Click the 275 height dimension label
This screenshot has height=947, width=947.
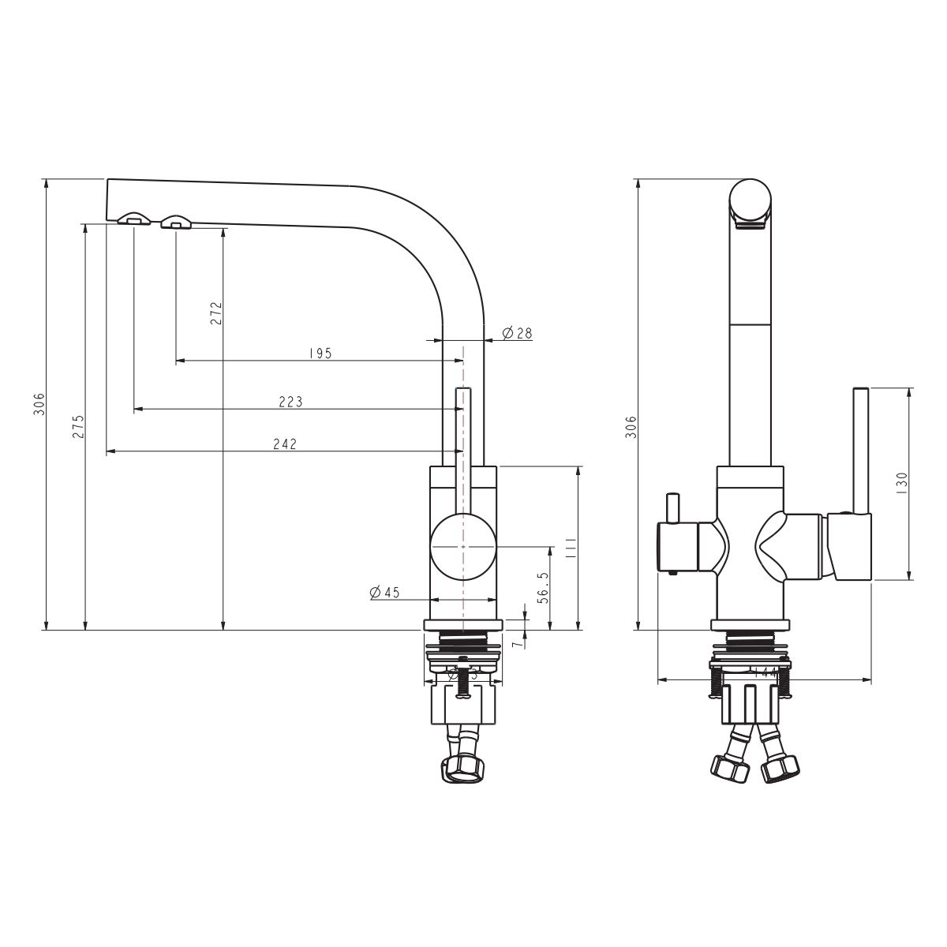[x=77, y=426]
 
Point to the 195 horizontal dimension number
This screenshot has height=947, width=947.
[x=320, y=353]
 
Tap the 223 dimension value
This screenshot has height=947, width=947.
[x=290, y=402]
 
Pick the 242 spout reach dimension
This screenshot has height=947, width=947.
[x=284, y=444]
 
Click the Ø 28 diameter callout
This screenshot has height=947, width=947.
[x=517, y=333]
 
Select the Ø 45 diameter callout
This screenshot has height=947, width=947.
[x=385, y=592]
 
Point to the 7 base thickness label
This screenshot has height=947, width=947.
[x=516, y=644]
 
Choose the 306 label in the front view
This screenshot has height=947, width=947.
[x=631, y=426]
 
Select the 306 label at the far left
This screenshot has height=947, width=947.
[x=39, y=404]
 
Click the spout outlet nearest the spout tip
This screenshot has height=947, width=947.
[x=133, y=219]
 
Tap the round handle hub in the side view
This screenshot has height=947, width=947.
[x=462, y=546]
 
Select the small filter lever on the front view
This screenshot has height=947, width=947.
[x=672, y=509]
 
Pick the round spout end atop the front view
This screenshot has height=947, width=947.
[x=750, y=200]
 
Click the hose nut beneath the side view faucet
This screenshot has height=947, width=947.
[x=462, y=768]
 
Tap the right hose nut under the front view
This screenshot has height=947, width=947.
[x=778, y=767]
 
